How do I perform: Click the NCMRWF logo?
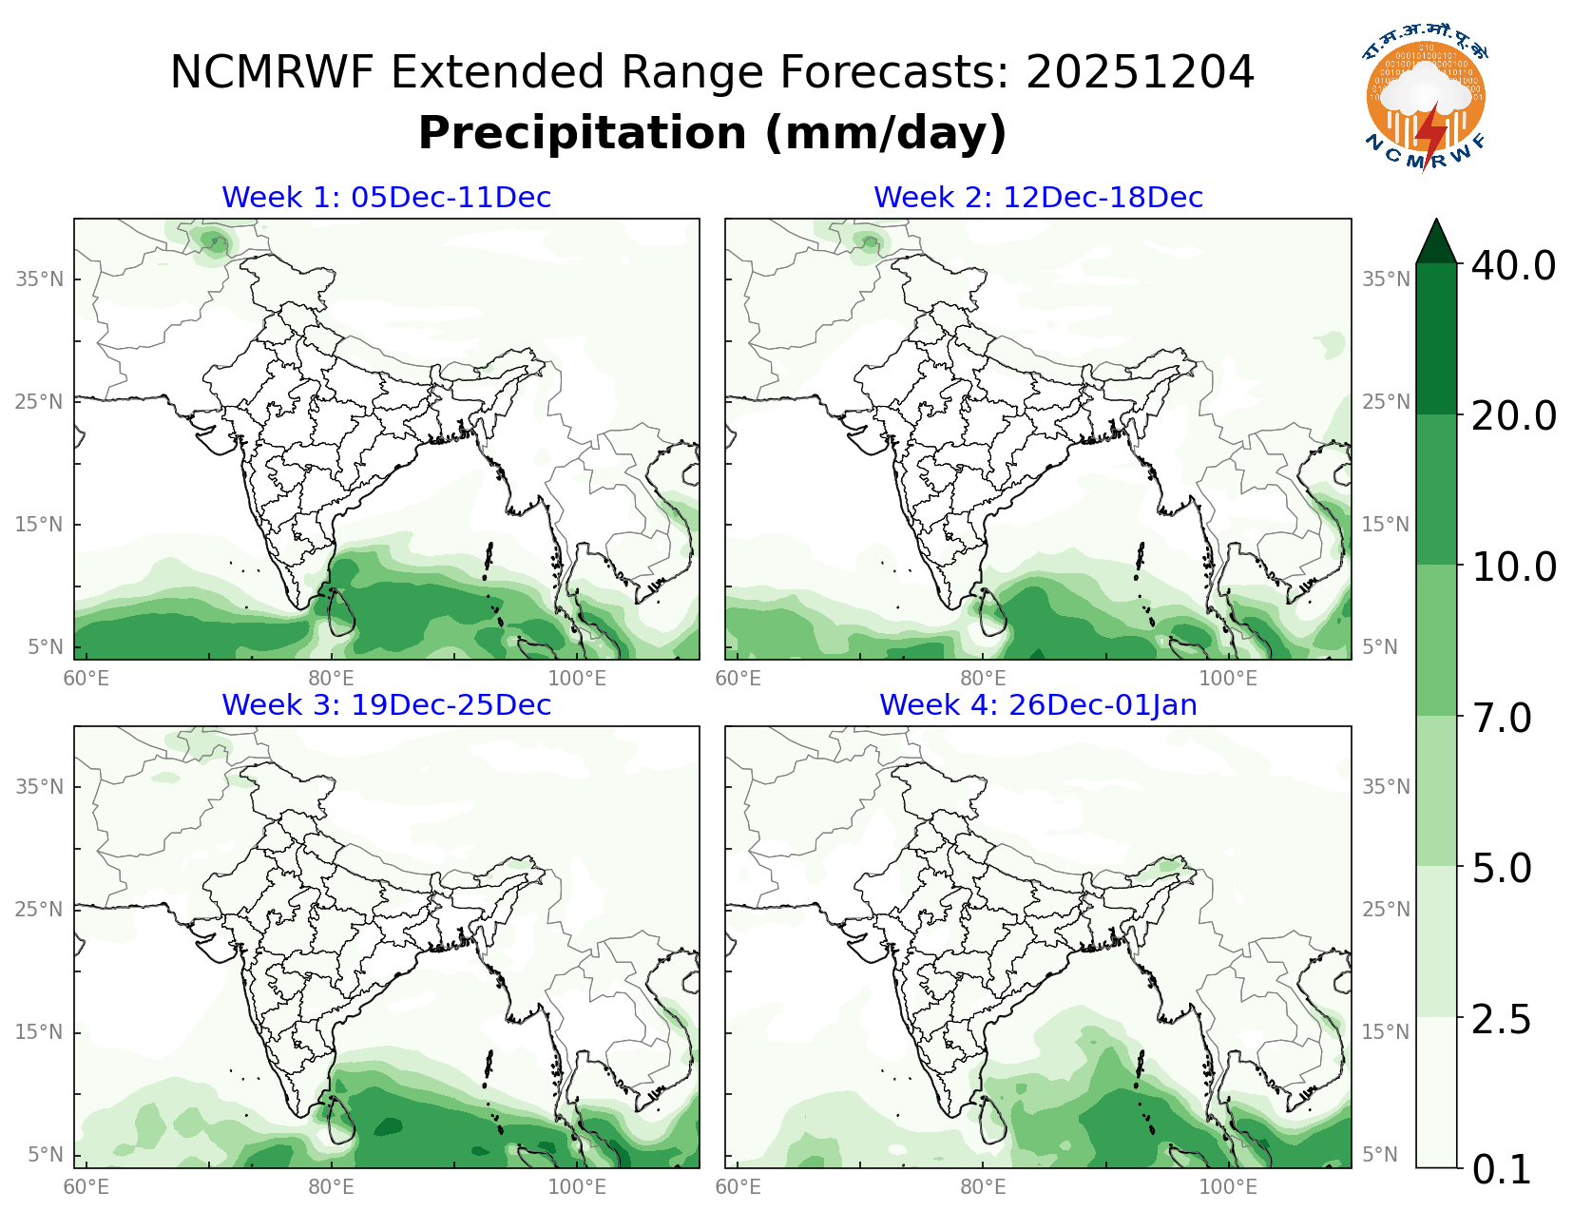pyautogui.click(x=1426, y=103)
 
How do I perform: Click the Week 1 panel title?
pyautogui.click(x=386, y=198)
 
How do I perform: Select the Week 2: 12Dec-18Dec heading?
pyautogui.click(x=1038, y=198)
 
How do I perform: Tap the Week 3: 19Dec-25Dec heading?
pyautogui.click(x=386, y=705)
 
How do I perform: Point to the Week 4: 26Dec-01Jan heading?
pyautogui.click(x=1038, y=705)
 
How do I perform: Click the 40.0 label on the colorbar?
pyautogui.click(x=1513, y=265)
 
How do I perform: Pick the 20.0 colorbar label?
pyautogui.click(x=1513, y=415)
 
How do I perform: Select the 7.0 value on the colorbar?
pyautogui.click(x=1502, y=718)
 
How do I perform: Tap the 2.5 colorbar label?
pyautogui.click(x=1502, y=1019)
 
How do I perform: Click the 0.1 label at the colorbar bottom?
pyautogui.click(x=1502, y=1170)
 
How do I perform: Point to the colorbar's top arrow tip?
pyautogui.click(x=1436, y=222)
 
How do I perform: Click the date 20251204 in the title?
pyautogui.click(x=1140, y=73)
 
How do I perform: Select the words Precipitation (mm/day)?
pyautogui.click(x=712, y=133)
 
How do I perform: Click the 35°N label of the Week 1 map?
pyautogui.click(x=39, y=279)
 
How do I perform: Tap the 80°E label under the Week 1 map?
pyautogui.click(x=331, y=678)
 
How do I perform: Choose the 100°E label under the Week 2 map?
pyautogui.click(x=1227, y=678)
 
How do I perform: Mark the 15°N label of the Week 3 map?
pyautogui.click(x=39, y=1032)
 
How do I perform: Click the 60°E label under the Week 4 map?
pyautogui.click(x=738, y=1186)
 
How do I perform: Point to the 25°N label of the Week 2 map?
pyautogui.click(x=1386, y=402)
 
